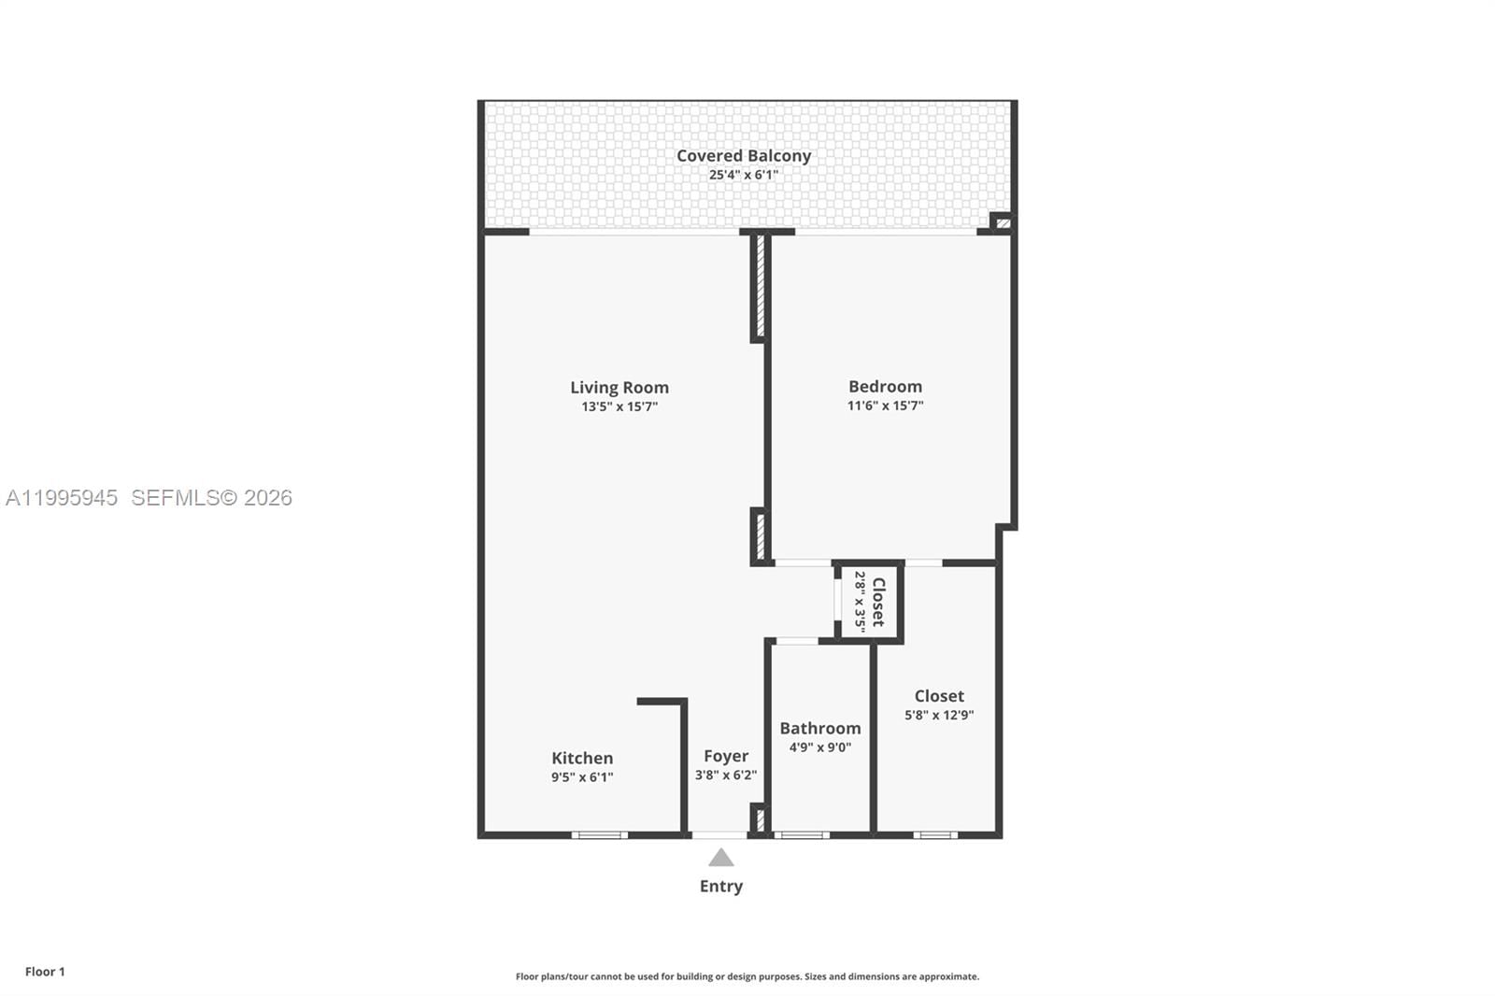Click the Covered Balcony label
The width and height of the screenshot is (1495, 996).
(744, 156)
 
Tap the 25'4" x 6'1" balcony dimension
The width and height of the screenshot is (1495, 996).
(744, 175)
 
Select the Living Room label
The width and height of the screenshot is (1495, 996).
(619, 387)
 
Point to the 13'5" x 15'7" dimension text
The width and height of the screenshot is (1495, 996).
(619, 406)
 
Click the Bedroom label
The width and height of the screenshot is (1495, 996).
(885, 386)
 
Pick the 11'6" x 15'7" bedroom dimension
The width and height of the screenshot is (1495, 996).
(885, 406)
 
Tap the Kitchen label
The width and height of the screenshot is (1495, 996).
(582, 758)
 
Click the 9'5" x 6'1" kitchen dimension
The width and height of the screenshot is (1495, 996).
(582, 777)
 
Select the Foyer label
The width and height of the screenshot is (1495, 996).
(726, 756)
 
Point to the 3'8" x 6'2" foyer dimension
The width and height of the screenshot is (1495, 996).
(726, 775)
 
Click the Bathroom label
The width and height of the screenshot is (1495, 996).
(820, 728)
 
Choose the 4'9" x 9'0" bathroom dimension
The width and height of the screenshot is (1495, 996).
(820, 747)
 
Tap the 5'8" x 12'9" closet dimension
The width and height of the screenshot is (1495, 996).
(939, 715)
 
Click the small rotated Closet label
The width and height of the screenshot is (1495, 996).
(878, 602)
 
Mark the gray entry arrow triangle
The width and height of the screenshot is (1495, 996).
(720, 859)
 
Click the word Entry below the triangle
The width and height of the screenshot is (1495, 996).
(721, 886)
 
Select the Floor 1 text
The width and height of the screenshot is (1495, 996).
(45, 972)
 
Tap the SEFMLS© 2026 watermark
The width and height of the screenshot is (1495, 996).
(211, 498)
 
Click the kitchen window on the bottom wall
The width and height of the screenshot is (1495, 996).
(599, 834)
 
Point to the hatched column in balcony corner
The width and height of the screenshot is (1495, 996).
(1003, 223)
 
